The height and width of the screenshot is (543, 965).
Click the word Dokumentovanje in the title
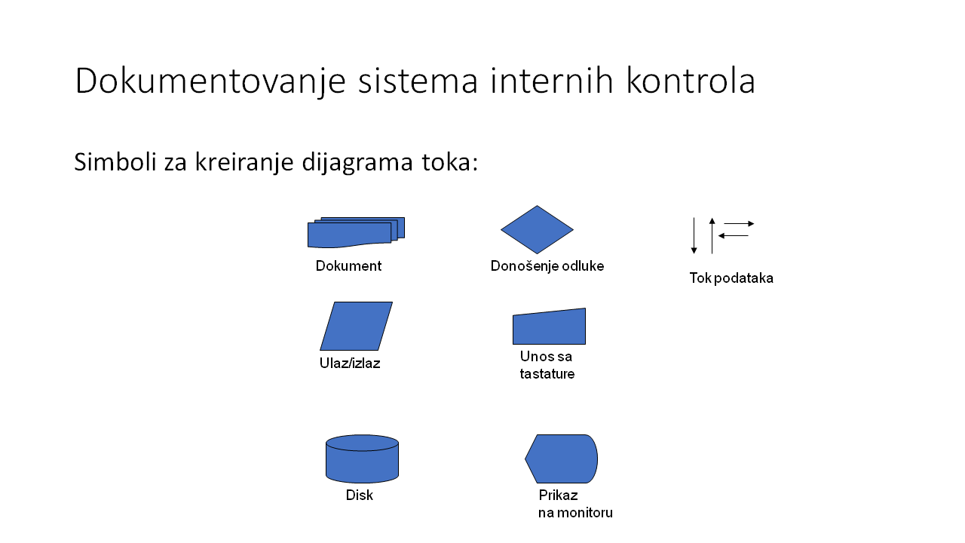(x=210, y=81)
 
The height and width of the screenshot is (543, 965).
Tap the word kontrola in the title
(x=691, y=80)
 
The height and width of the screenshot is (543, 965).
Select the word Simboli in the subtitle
(x=115, y=162)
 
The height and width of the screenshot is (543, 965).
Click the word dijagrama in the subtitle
(x=357, y=163)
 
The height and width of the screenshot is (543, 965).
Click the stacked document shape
(x=356, y=233)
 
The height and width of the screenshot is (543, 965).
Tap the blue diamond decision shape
(x=537, y=229)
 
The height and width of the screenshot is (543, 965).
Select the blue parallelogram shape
(x=357, y=326)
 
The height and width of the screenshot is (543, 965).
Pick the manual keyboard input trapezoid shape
(x=550, y=327)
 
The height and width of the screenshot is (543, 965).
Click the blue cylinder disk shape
(x=363, y=459)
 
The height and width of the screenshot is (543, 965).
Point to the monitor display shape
(x=562, y=459)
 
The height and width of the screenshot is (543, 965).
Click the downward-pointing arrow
(x=694, y=236)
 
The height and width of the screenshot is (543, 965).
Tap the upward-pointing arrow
(x=712, y=236)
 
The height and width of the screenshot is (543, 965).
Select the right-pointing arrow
(x=739, y=224)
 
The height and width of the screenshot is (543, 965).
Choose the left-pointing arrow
(x=734, y=236)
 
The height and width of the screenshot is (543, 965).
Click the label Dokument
(x=348, y=266)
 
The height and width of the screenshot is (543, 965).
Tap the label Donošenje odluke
(x=547, y=266)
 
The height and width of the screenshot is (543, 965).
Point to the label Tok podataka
(x=731, y=278)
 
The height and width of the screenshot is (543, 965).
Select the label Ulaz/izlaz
(x=350, y=364)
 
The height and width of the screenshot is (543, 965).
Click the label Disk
(x=360, y=495)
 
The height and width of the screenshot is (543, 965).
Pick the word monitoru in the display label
(x=584, y=513)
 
